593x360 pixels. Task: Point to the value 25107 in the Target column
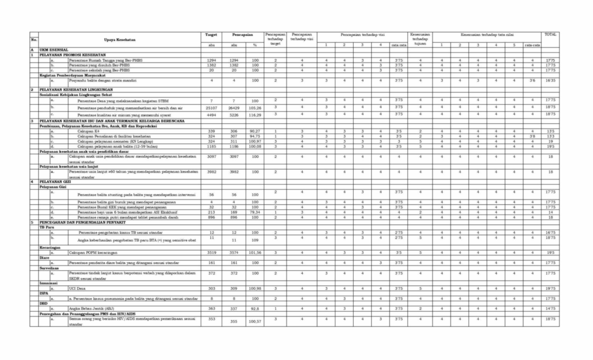pyautogui.click(x=211, y=107)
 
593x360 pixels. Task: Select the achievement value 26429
pyautogui.click(x=234, y=107)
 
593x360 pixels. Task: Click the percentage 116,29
pyautogui.click(x=254, y=115)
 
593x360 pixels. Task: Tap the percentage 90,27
pyautogui.click(x=254, y=131)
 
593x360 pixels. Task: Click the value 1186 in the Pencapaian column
pyautogui.click(x=234, y=146)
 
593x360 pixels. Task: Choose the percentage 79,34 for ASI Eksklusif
pyautogui.click(x=254, y=212)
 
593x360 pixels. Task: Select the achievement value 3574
pyautogui.click(x=234, y=253)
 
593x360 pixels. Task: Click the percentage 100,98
pyautogui.click(x=254, y=288)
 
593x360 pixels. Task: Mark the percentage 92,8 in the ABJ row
pyautogui.click(x=254, y=309)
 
